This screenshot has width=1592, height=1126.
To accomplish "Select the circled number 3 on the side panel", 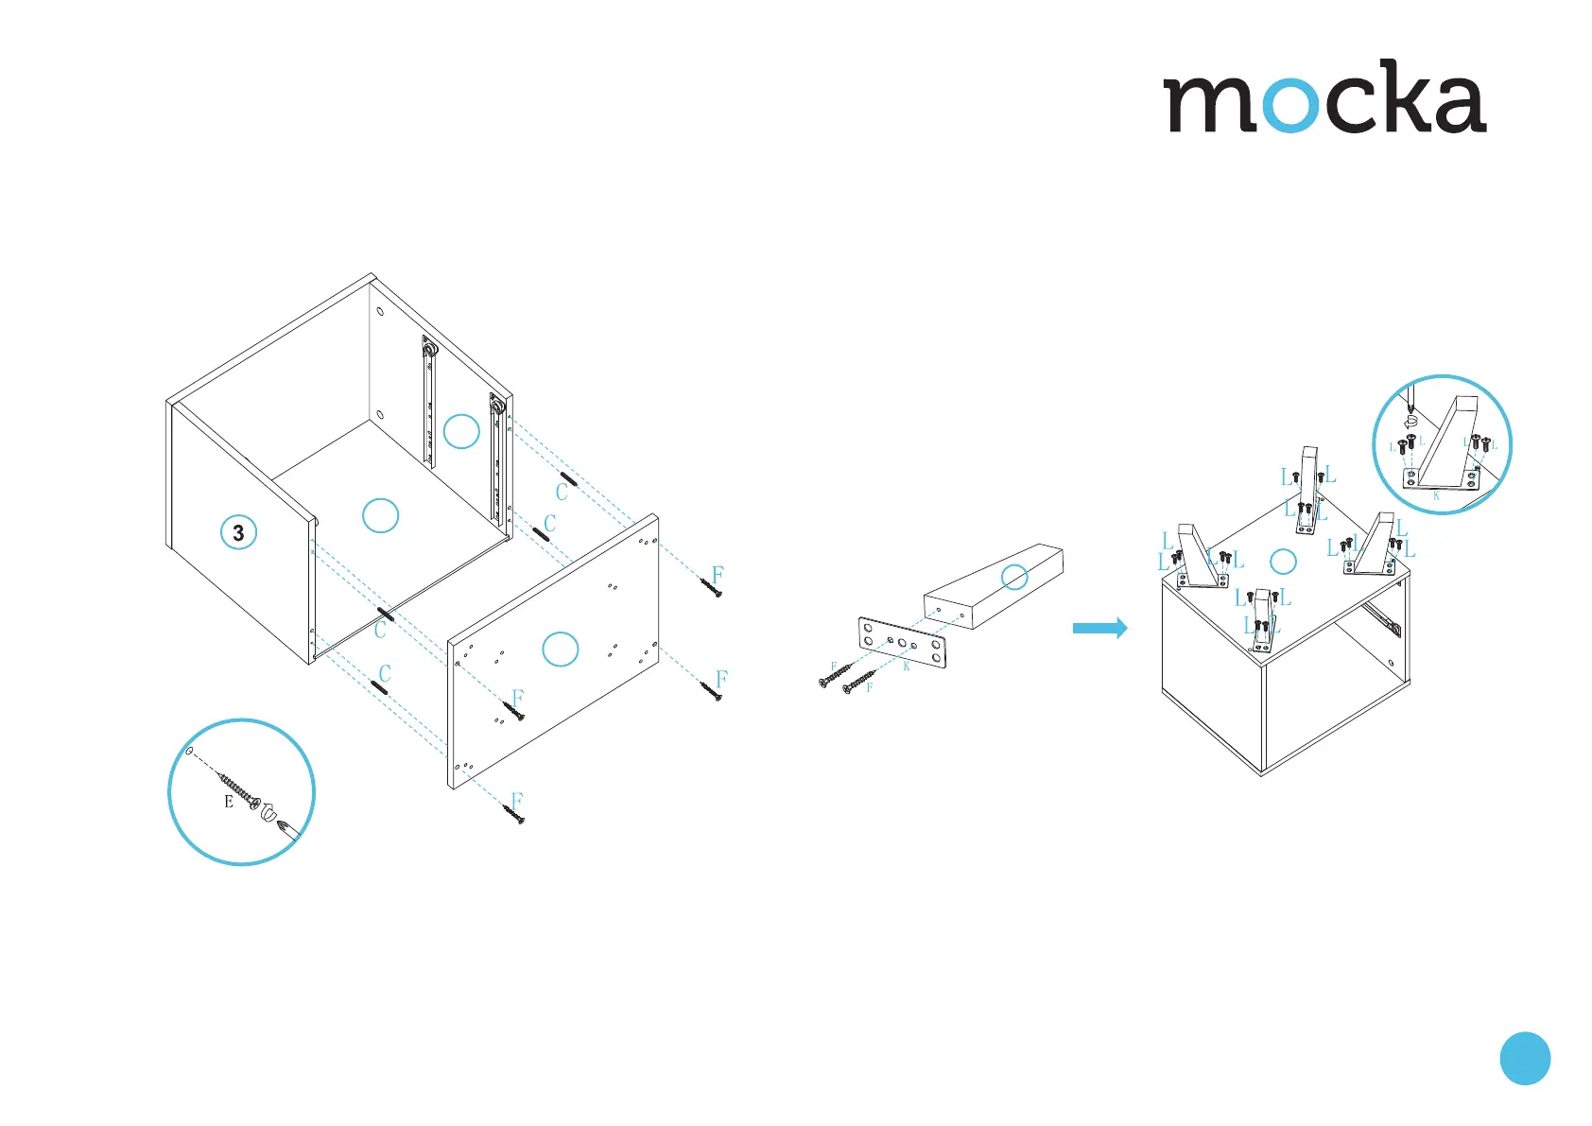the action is click(238, 532).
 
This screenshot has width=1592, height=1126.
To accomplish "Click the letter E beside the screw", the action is click(229, 802).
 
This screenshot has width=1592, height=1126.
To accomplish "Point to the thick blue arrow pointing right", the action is click(1099, 628).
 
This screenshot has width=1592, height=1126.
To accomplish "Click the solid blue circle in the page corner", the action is click(1525, 1058).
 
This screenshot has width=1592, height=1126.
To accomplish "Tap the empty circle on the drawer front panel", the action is click(561, 649).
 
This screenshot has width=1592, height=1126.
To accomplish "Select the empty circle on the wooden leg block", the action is click(1014, 577).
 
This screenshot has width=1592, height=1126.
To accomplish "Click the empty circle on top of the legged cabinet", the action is click(1283, 562).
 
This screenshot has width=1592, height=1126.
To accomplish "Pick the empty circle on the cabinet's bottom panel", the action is click(380, 515).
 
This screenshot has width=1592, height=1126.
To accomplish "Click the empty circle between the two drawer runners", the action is click(461, 431).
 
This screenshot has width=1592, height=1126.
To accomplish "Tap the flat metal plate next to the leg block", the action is click(902, 643).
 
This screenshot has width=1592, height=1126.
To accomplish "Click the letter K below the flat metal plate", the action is click(906, 667).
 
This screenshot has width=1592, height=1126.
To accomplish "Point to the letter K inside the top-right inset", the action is click(1436, 495).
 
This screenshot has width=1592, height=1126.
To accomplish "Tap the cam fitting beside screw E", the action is click(267, 811).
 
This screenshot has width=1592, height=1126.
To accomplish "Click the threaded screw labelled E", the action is click(236, 788).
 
